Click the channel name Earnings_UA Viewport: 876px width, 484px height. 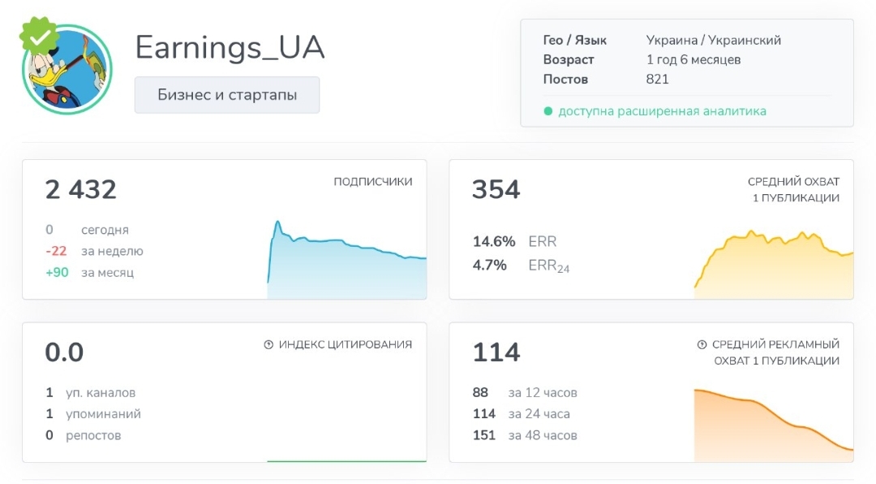pyautogui.click(x=230, y=48)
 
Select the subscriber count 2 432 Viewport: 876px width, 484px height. pyautogui.click(x=81, y=190)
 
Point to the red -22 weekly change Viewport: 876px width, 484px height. pyautogui.click(x=56, y=251)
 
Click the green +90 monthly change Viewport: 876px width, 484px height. pyautogui.click(x=57, y=272)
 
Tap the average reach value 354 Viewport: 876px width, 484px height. pyautogui.click(x=496, y=190)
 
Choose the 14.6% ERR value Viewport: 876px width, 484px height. pyautogui.click(x=494, y=241)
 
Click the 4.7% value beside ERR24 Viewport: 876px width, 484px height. pyautogui.click(x=489, y=265)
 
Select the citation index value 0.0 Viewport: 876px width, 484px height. pyautogui.click(x=65, y=352)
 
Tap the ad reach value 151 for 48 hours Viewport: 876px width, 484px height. pyautogui.click(x=483, y=435)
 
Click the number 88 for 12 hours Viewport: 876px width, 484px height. pyautogui.click(x=480, y=393)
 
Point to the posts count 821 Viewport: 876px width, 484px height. pyautogui.click(x=658, y=80)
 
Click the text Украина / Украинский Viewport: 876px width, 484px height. pyautogui.click(x=714, y=40)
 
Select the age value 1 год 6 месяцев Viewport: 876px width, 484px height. pyautogui.click(x=693, y=59)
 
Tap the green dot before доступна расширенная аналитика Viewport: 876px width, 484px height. pyautogui.click(x=547, y=111)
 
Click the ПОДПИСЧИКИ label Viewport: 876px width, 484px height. pyautogui.click(x=373, y=182)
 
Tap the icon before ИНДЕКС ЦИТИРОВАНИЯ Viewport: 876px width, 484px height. pyautogui.click(x=268, y=344)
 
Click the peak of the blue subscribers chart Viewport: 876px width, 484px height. pyautogui.click(x=277, y=222)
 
